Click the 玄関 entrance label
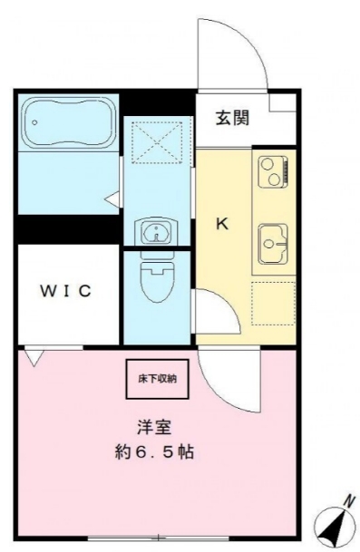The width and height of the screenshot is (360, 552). tap(233, 117)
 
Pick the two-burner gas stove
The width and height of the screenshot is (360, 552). tap(273, 169)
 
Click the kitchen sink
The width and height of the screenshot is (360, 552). tap(272, 239)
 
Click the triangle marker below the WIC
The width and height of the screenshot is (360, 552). tap(34, 358)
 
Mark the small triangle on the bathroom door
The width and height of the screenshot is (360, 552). tap(112, 198)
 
